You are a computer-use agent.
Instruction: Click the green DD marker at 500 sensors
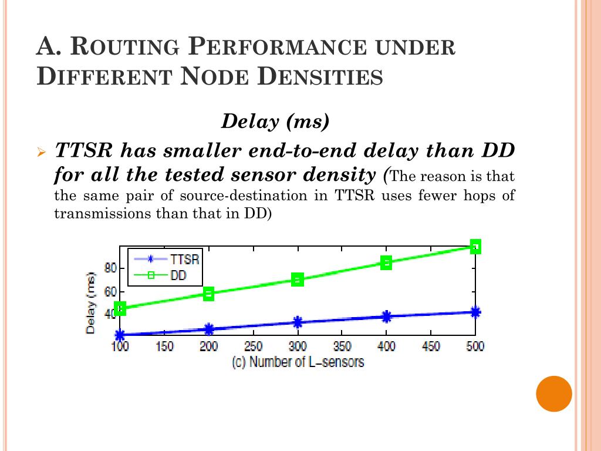(475, 247)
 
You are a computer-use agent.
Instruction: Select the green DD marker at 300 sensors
(298, 280)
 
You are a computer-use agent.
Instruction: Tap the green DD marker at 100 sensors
(120, 308)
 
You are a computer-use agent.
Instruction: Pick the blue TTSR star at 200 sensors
(209, 329)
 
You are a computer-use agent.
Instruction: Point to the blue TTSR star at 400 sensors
(386, 317)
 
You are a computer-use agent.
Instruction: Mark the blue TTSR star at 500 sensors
(475, 312)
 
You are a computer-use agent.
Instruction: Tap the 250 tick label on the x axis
(253, 346)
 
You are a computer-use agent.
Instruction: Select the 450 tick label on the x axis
(430, 346)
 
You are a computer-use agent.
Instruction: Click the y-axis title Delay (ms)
(91, 302)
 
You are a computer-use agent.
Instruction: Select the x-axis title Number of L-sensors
(298, 362)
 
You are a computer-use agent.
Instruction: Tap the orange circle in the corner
(554, 393)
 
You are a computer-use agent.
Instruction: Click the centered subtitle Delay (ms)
(275, 122)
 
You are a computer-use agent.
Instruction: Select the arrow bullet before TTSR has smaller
(41, 152)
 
